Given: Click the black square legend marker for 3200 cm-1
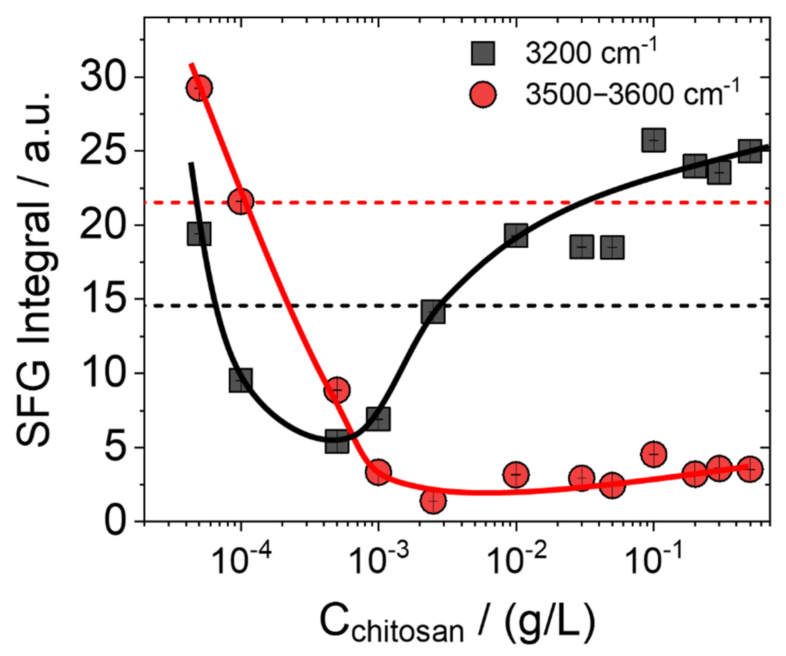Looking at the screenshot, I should pos(483,53).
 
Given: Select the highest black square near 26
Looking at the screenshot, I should pos(654,140).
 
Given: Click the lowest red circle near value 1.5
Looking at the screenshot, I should pos(433,501).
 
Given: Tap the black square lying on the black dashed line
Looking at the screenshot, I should pos(433,311).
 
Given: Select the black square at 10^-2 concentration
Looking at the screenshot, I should pos(516,235).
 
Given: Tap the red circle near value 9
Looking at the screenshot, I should pos(337,390).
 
